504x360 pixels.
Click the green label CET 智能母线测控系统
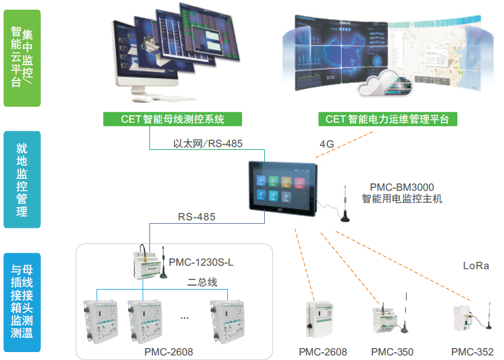[x=173, y=119]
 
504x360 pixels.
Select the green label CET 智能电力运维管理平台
[x=387, y=119]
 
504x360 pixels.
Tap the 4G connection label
[x=326, y=144]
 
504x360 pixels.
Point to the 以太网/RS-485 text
[x=208, y=144]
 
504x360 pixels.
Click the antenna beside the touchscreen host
[x=345, y=204]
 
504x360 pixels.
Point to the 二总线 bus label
[x=202, y=282]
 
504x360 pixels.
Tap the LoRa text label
[x=476, y=266]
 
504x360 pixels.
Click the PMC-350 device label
[x=392, y=352]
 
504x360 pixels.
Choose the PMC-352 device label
[x=472, y=352]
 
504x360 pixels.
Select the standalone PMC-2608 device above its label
[x=319, y=321]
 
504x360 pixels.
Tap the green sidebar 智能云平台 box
[x=22, y=58]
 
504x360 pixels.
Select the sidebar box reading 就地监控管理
[x=22, y=180]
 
